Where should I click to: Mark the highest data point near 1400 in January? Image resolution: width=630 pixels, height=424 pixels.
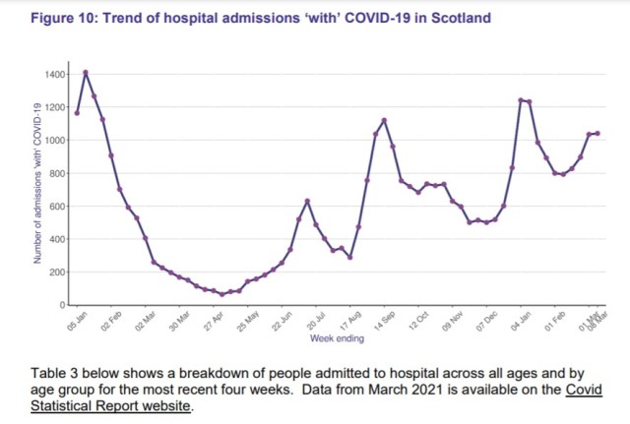pyautogui.click(x=86, y=72)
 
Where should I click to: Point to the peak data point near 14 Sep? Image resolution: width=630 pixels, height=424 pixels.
pyautogui.click(x=384, y=120)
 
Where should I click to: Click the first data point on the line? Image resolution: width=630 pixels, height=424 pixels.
pyautogui.click(x=77, y=113)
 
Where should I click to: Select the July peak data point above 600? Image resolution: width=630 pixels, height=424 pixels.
pyautogui.click(x=308, y=201)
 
